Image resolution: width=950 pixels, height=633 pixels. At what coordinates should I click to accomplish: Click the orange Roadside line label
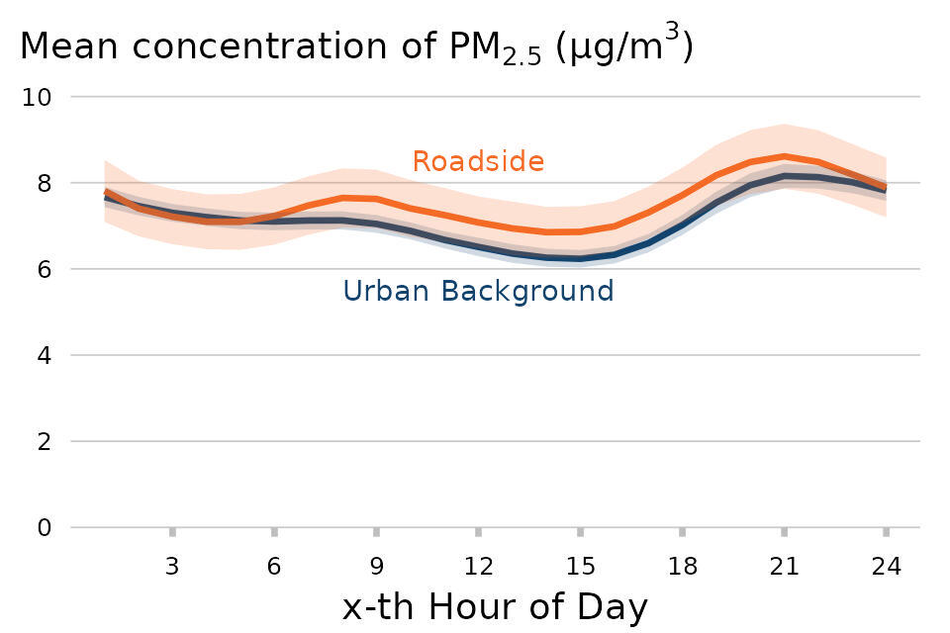[478, 161]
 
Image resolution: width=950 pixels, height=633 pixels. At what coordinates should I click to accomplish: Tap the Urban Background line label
[478, 291]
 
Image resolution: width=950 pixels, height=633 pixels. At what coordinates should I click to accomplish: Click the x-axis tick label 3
[172, 567]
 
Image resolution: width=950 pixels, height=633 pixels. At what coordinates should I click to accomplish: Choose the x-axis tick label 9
[376, 567]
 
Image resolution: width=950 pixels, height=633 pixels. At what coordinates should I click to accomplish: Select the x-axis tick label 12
[478, 567]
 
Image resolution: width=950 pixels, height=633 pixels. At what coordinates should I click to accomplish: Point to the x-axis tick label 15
[580, 567]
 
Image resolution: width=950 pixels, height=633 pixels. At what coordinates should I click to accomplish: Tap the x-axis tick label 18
[682, 567]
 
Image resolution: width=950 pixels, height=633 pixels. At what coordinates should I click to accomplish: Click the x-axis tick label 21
[784, 567]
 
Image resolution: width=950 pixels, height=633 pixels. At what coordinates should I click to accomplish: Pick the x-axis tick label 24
[886, 567]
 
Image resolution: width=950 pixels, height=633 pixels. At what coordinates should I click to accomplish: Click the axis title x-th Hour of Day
[495, 606]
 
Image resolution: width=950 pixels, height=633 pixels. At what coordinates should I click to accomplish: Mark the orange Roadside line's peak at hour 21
[784, 155]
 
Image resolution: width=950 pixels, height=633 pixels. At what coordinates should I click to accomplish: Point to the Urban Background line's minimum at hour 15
[580, 259]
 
